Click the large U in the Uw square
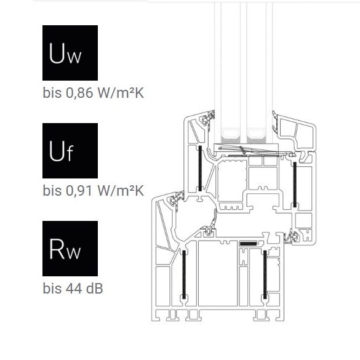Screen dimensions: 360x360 57,53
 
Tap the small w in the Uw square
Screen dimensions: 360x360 74,57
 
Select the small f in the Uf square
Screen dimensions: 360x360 70,153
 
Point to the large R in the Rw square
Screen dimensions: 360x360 57,249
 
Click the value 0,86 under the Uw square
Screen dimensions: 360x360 79,93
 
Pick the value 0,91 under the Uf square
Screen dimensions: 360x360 79,191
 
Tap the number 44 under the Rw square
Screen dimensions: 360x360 74,289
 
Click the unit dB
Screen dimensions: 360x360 94,289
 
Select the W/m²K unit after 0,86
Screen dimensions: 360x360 121,93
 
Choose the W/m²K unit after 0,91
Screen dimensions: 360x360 121,191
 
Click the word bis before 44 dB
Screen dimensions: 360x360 52,289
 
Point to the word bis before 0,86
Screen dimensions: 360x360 52,93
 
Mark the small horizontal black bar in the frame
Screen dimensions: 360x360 248,243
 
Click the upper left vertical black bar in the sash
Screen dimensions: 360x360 200,168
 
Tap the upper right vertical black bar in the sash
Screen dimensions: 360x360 295,185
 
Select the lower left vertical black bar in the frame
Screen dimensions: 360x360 184,274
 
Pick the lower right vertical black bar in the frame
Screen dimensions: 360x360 265,274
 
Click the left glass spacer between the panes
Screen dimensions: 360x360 231,136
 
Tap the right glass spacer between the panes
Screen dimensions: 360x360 256,136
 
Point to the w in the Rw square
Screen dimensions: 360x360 74,253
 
